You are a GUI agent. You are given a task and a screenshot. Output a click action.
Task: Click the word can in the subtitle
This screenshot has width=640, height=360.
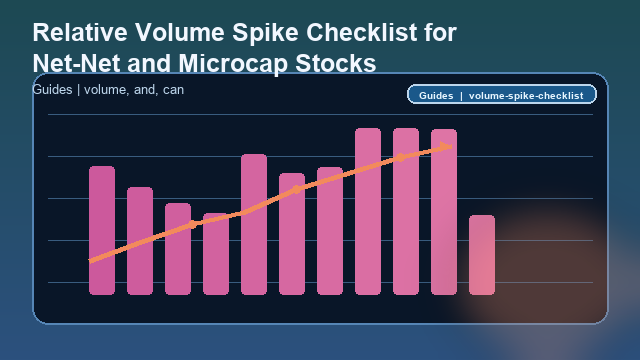tap(173, 90)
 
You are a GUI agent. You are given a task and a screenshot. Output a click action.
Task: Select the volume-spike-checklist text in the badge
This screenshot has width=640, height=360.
tap(525, 95)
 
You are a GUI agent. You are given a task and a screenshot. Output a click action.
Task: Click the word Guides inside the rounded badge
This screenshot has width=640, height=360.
tap(437, 95)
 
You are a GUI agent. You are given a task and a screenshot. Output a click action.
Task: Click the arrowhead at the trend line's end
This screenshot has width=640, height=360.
tap(446, 147)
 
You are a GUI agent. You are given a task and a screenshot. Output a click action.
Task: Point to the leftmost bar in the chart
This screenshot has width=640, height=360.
tap(102, 230)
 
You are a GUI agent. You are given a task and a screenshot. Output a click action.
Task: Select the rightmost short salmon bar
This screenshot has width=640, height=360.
tap(482, 255)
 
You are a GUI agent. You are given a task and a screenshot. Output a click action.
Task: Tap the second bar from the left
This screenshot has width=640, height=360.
tap(140, 240)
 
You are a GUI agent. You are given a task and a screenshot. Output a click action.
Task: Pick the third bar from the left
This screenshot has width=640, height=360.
tap(178, 250)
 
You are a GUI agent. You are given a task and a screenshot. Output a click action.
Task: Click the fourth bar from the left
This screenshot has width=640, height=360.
tap(216, 254)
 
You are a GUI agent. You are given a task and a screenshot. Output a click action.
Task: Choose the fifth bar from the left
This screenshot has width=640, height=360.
tap(254, 225)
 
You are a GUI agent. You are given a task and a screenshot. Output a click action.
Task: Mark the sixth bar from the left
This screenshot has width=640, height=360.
tap(292, 235)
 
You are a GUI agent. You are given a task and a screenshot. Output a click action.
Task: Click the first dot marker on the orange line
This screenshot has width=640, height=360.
tap(193, 224)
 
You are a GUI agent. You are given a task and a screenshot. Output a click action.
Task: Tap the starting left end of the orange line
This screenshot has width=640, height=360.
tap(91, 261)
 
